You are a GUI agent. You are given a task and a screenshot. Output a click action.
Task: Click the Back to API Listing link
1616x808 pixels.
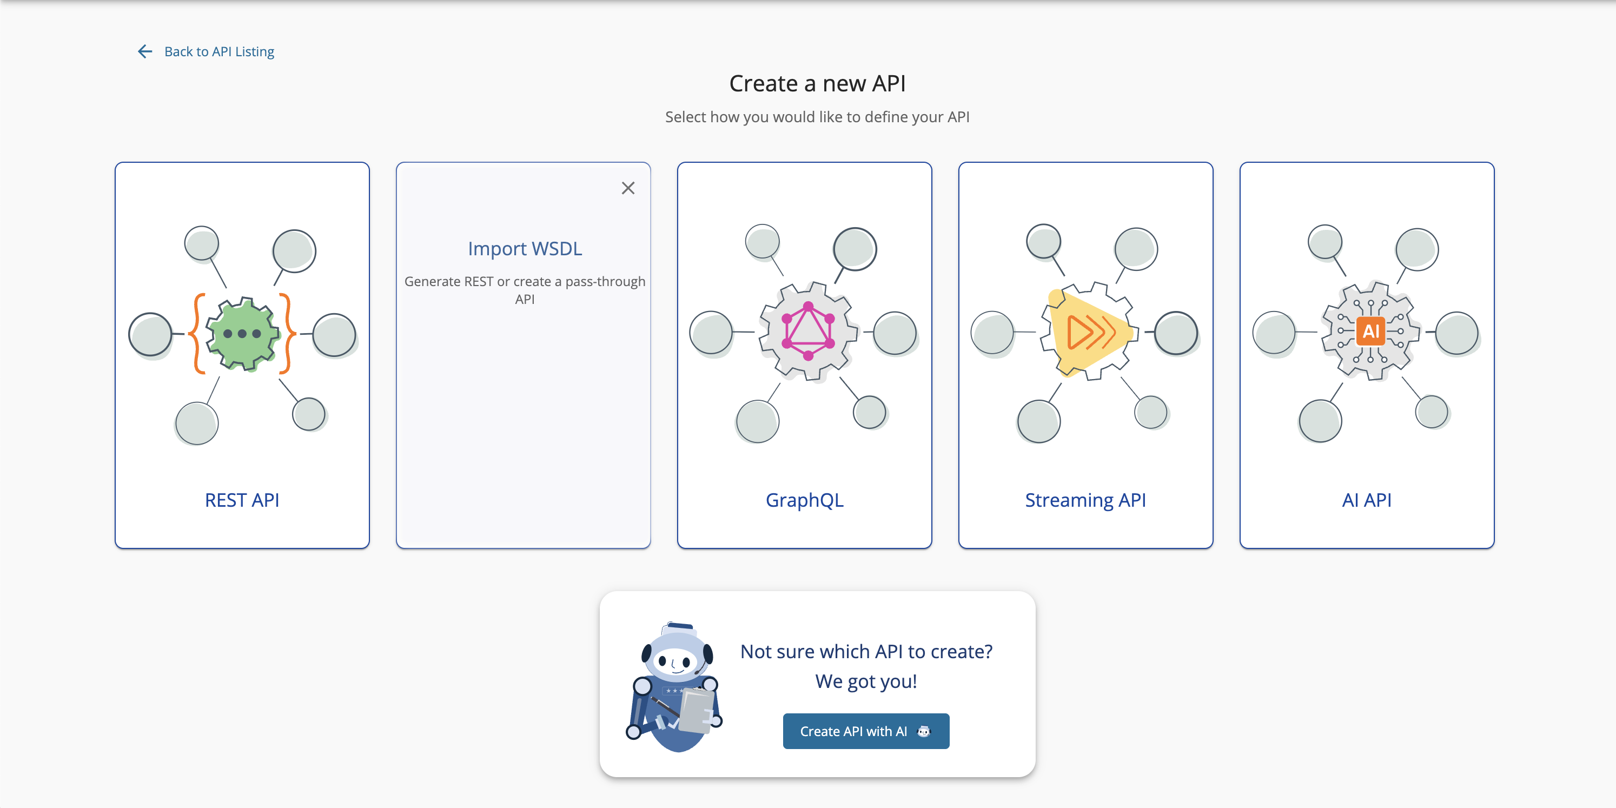[219, 51]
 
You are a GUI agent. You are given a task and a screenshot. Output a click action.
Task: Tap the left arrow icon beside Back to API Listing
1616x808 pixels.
[145, 51]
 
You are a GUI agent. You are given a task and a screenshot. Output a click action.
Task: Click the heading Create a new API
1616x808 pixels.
[817, 83]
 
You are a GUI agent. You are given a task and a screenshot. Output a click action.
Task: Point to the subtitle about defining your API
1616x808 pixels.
[817, 117]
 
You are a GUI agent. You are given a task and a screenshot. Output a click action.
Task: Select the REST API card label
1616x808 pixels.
[242, 500]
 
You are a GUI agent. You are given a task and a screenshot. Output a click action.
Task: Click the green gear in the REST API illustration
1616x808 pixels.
[242, 334]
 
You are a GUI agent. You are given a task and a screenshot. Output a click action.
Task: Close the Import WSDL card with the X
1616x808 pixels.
[628, 188]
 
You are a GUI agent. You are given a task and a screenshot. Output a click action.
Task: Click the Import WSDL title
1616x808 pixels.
[525, 249]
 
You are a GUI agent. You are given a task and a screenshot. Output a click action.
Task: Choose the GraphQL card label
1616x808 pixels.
[804, 500]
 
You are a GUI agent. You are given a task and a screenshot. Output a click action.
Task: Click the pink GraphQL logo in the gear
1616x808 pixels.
[808, 331]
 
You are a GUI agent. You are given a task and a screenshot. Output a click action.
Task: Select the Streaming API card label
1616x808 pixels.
[1085, 500]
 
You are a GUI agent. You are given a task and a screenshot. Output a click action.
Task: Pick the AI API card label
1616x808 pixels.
[1366, 500]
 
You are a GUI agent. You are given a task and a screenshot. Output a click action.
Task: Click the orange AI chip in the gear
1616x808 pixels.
[1370, 330]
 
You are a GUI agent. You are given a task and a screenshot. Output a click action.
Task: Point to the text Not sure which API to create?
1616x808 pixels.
[866, 652]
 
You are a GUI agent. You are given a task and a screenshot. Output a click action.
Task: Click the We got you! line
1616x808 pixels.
[866, 681]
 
